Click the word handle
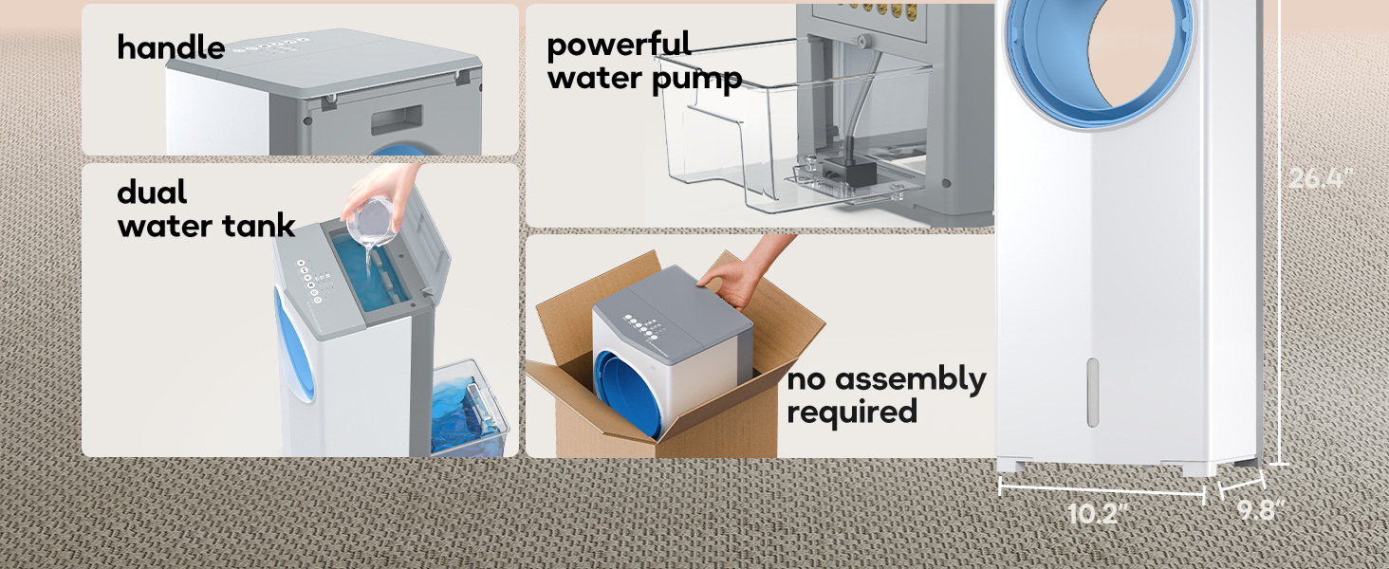pyautogui.click(x=171, y=47)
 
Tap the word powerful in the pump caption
pyautogui.click(x=619, y=45)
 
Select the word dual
pyautogui.click(x=152, y=192)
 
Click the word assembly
pyautogui.click(x=910, y=379)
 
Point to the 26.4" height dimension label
pyautogui.click(x=1320, y=178)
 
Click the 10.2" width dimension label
pyautogui.click(x=1097, y=513)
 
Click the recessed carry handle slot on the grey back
pyautogui.click(x=397, y=119)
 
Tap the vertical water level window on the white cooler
pyautogui.click(x=1092, y=393)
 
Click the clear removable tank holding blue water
pyautogui.click(x=470, y=410)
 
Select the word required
pyautogui.click(x=852, y=413)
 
